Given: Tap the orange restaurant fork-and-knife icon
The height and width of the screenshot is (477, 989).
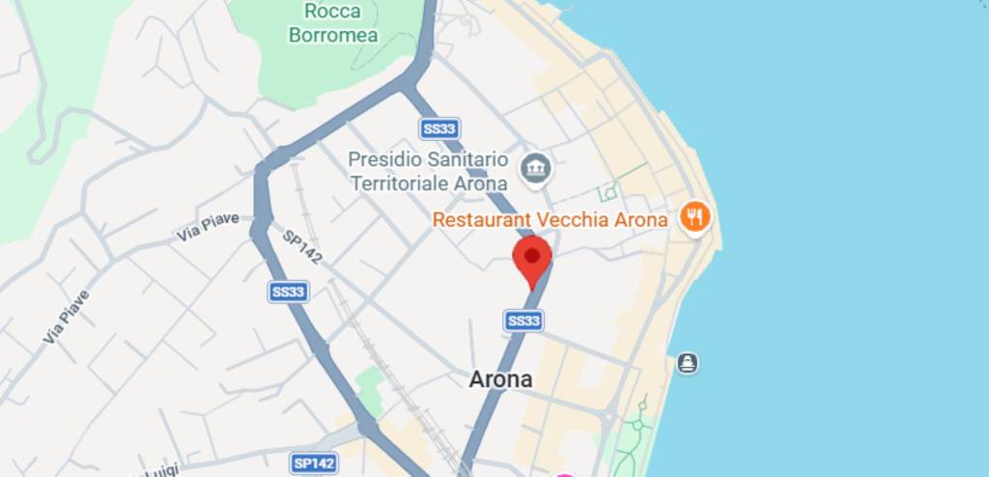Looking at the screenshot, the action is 693,215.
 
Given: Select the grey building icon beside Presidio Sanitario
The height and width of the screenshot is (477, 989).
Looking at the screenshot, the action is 534,169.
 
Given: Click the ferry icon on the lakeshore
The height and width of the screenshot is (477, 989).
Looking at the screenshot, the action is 687,363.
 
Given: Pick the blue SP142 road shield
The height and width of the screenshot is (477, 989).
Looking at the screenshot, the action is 315,463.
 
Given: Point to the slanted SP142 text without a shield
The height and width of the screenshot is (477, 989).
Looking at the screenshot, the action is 302,247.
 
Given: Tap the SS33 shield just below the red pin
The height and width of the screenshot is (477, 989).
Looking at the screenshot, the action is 523,321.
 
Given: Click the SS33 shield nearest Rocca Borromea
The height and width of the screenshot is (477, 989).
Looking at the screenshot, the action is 439,128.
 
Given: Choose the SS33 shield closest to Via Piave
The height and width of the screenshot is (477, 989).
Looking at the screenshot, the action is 288,291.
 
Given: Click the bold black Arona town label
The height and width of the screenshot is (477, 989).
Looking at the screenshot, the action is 500,379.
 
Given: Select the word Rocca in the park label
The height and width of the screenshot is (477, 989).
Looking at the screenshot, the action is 332,12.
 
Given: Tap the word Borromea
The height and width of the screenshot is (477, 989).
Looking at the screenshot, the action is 333,36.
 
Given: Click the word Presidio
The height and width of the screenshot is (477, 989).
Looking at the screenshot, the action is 380,158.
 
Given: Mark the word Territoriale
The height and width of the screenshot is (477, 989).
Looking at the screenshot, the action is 398,182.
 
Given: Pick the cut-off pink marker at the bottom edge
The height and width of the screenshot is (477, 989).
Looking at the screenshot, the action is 565,473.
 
